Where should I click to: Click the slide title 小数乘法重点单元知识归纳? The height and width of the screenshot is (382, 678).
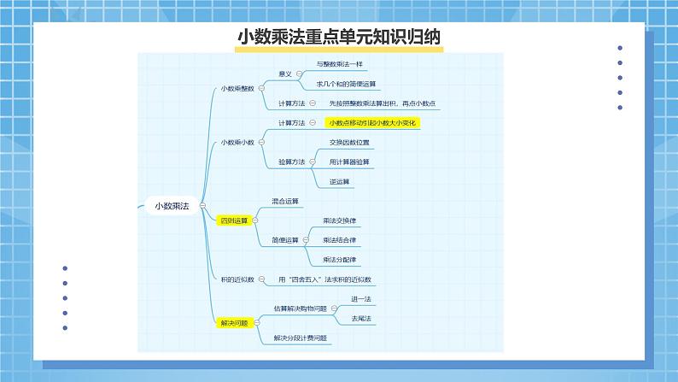point(338,38)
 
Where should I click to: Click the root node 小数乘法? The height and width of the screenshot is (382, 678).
point(172,206)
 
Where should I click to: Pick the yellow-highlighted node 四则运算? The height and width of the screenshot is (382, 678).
point(232,220)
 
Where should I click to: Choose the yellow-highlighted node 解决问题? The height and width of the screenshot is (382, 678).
point(232,323)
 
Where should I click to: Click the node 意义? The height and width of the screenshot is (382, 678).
point(285,74)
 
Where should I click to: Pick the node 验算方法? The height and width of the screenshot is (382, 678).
point(292,162)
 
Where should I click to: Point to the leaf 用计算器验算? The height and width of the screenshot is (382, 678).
point(349,162)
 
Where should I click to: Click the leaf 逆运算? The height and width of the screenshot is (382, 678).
point(339,181)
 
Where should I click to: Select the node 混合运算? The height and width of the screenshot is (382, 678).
point(285,201)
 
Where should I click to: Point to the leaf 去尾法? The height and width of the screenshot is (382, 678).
point(361,318)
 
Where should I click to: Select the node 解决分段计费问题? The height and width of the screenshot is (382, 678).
point(301,338)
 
